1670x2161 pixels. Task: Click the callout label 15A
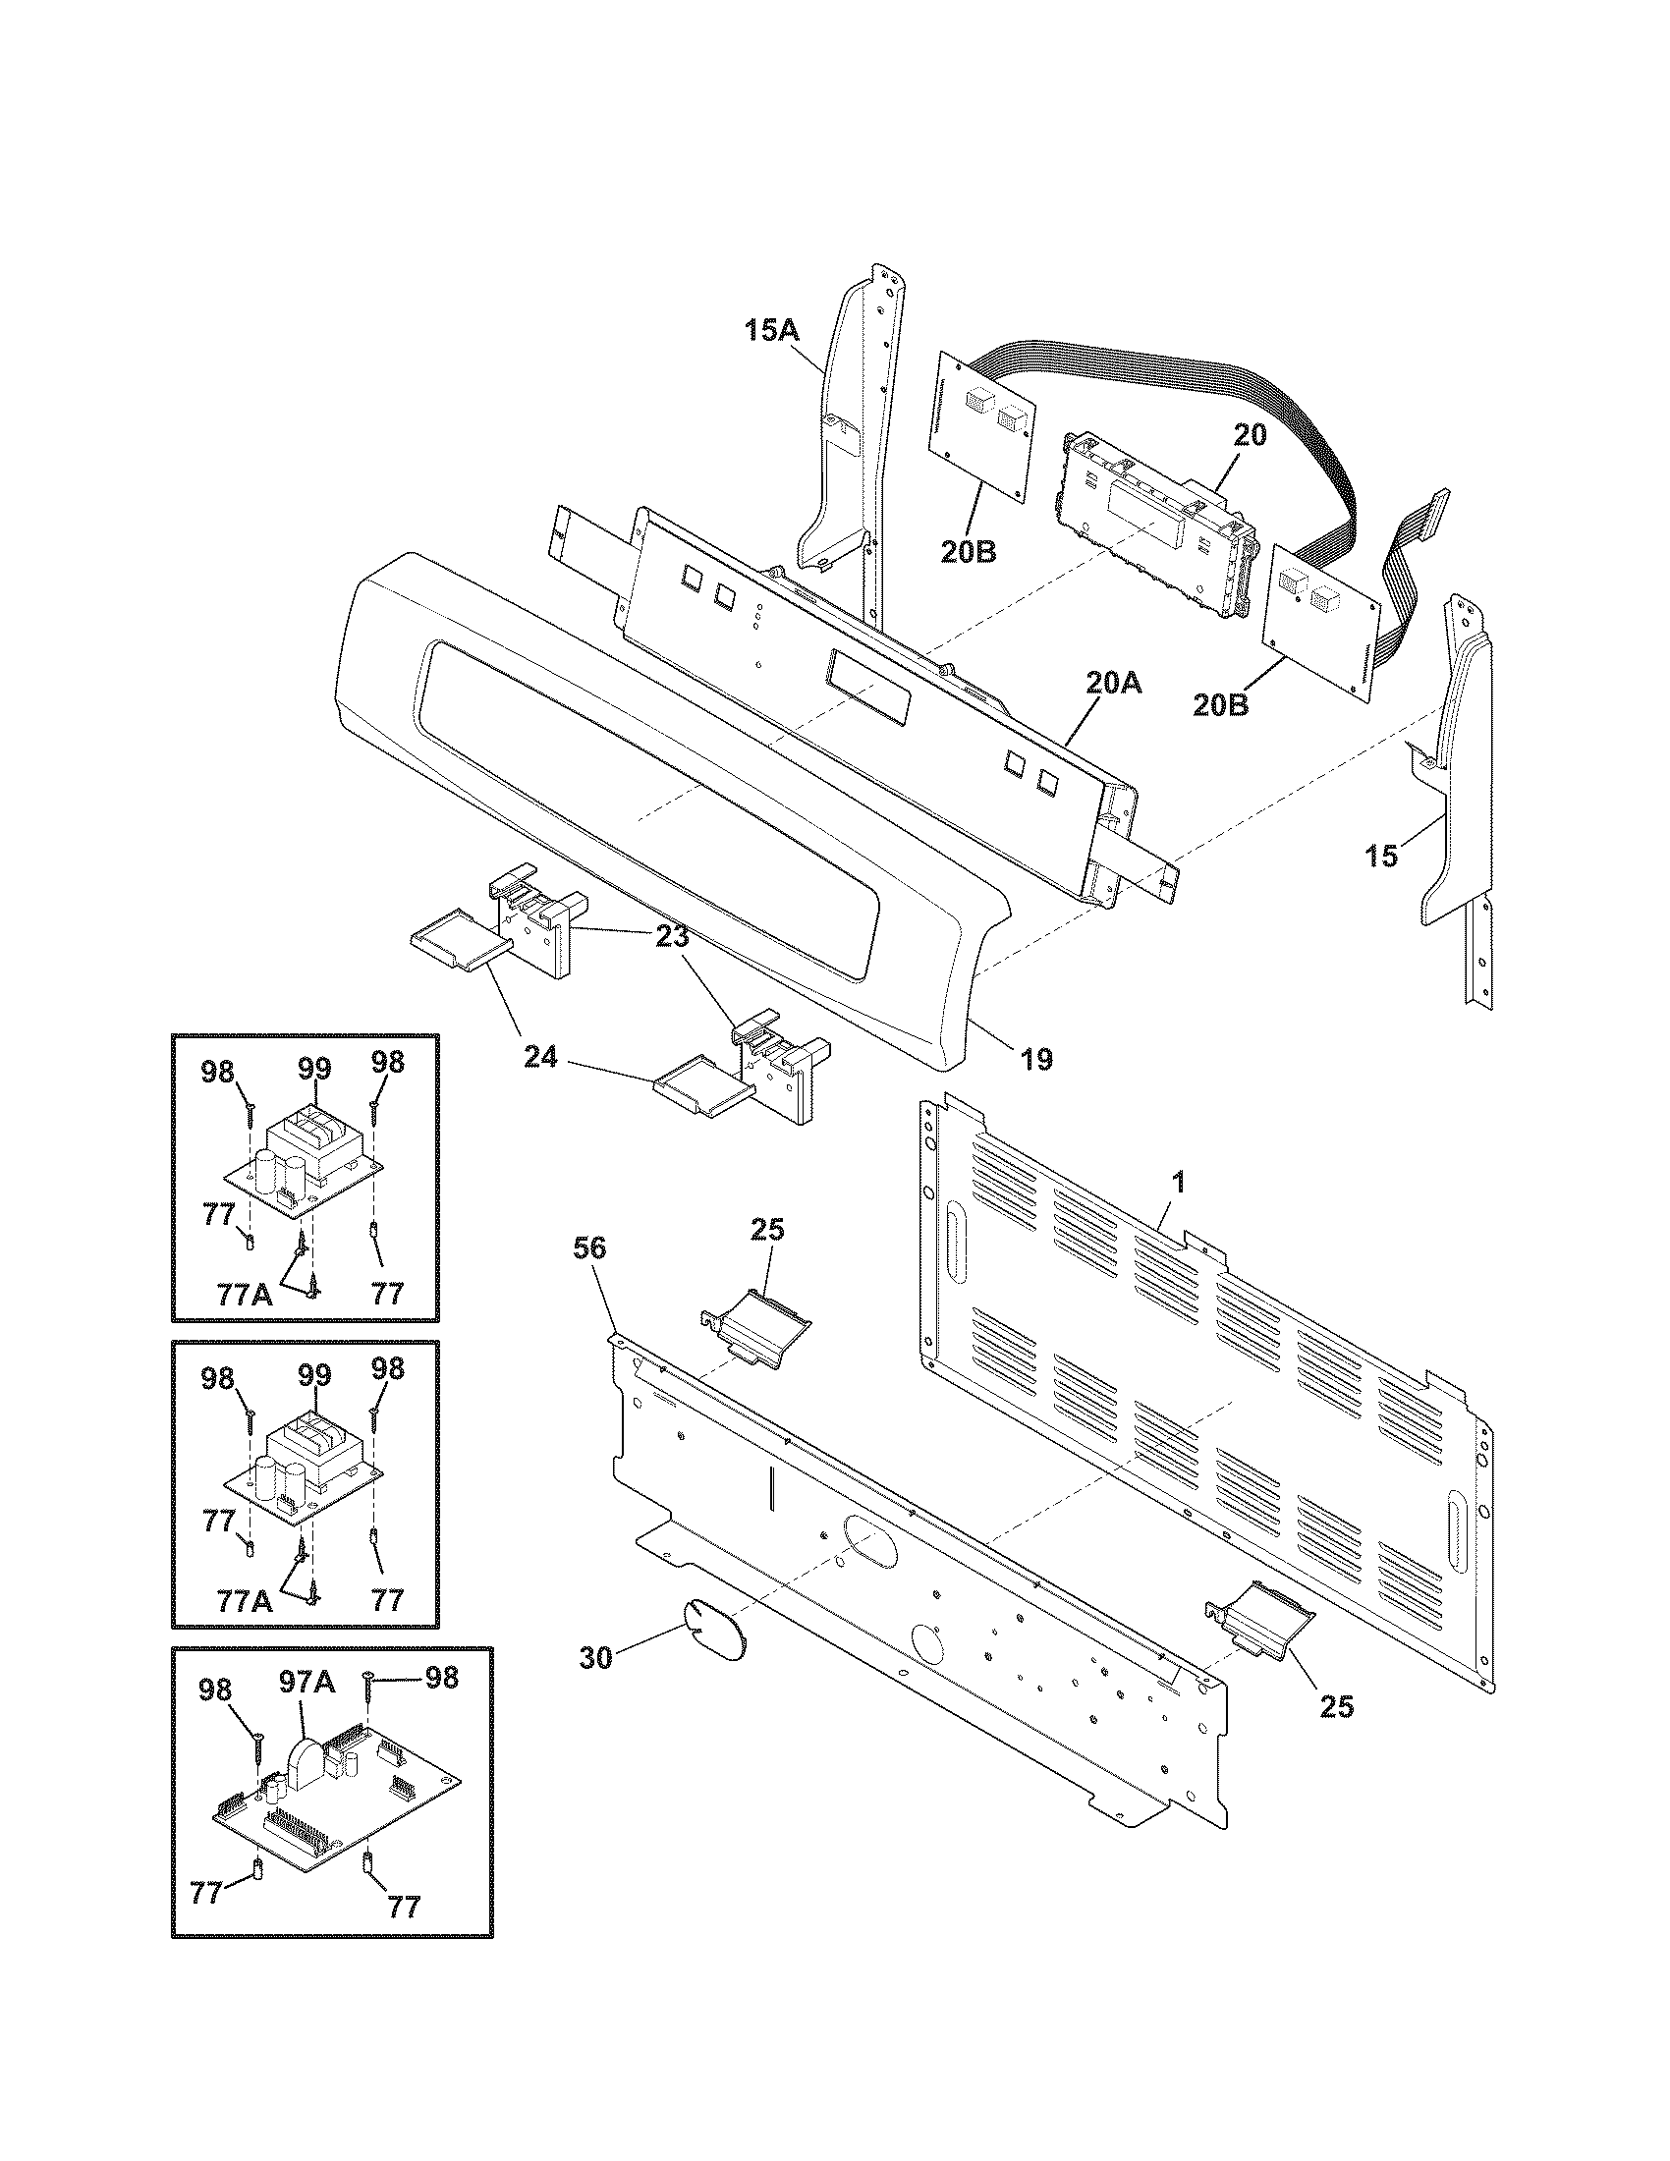772,330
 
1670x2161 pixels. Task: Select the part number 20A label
1113,682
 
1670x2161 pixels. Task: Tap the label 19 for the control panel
1035,1060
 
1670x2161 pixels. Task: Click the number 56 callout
589,1248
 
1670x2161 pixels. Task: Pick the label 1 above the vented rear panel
1177,1182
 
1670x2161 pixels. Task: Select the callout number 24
541,1059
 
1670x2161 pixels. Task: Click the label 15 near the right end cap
1381,856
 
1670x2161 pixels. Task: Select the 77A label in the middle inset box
245,1601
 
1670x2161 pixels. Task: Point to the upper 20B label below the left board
969,551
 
